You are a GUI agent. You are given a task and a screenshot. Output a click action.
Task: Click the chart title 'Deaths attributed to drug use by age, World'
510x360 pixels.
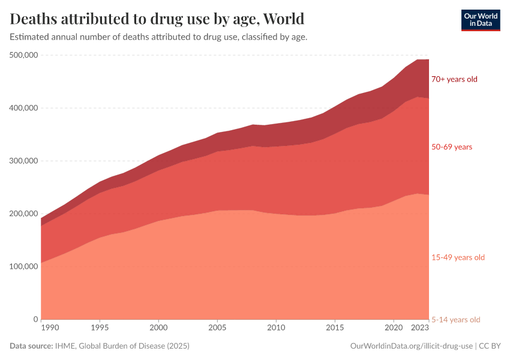[x=157, y=18]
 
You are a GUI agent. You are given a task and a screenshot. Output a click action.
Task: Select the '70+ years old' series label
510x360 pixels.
[x=454, y=79]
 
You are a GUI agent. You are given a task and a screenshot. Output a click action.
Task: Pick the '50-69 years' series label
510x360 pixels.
[x=452, y=147]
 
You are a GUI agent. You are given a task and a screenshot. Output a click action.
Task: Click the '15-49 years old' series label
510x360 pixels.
[x=458, y=257]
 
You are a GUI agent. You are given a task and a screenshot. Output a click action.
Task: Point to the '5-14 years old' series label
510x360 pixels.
[x=456, y=319]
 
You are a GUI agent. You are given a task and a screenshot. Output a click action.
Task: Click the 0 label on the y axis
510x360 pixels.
[x=36, y=319]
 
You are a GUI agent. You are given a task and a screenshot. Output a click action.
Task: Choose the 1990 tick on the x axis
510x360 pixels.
[x=50, y=328]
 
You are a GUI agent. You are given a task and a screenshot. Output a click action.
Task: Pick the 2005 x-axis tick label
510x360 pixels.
[x=217, y=328]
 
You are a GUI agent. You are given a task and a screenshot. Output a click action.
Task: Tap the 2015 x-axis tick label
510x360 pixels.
[x=334, y=328]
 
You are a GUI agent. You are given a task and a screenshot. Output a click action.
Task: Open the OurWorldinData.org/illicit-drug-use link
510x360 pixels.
[x=412, y=346]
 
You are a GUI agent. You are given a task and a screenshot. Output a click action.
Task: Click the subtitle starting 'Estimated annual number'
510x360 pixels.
[x=158, y=37]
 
